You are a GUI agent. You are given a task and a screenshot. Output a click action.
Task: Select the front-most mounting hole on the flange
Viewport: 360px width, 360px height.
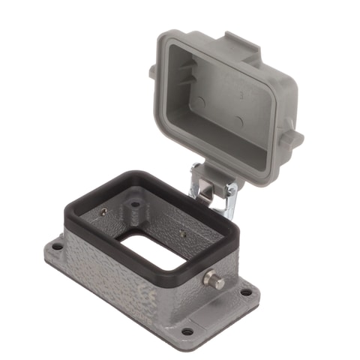pos(187,331)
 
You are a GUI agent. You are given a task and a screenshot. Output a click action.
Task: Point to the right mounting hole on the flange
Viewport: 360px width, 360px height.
pos(246,291)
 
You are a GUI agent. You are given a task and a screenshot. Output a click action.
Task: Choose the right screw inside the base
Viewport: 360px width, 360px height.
pos(183,235)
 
